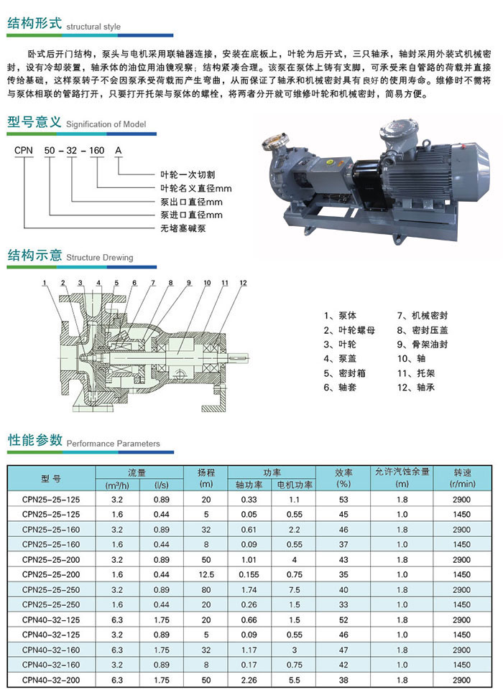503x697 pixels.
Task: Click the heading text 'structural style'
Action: click(x=93, y=27)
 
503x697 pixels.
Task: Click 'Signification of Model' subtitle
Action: click(x=106, y=124)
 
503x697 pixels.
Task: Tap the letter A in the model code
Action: click(x=118, y=151)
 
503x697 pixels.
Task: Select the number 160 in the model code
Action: click(x=96, y=151)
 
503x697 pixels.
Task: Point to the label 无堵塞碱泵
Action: click(x=183, y=228)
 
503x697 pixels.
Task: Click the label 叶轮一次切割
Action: click(x=188, y=174)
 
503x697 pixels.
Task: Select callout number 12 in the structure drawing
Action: click(x=243, y=283)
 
